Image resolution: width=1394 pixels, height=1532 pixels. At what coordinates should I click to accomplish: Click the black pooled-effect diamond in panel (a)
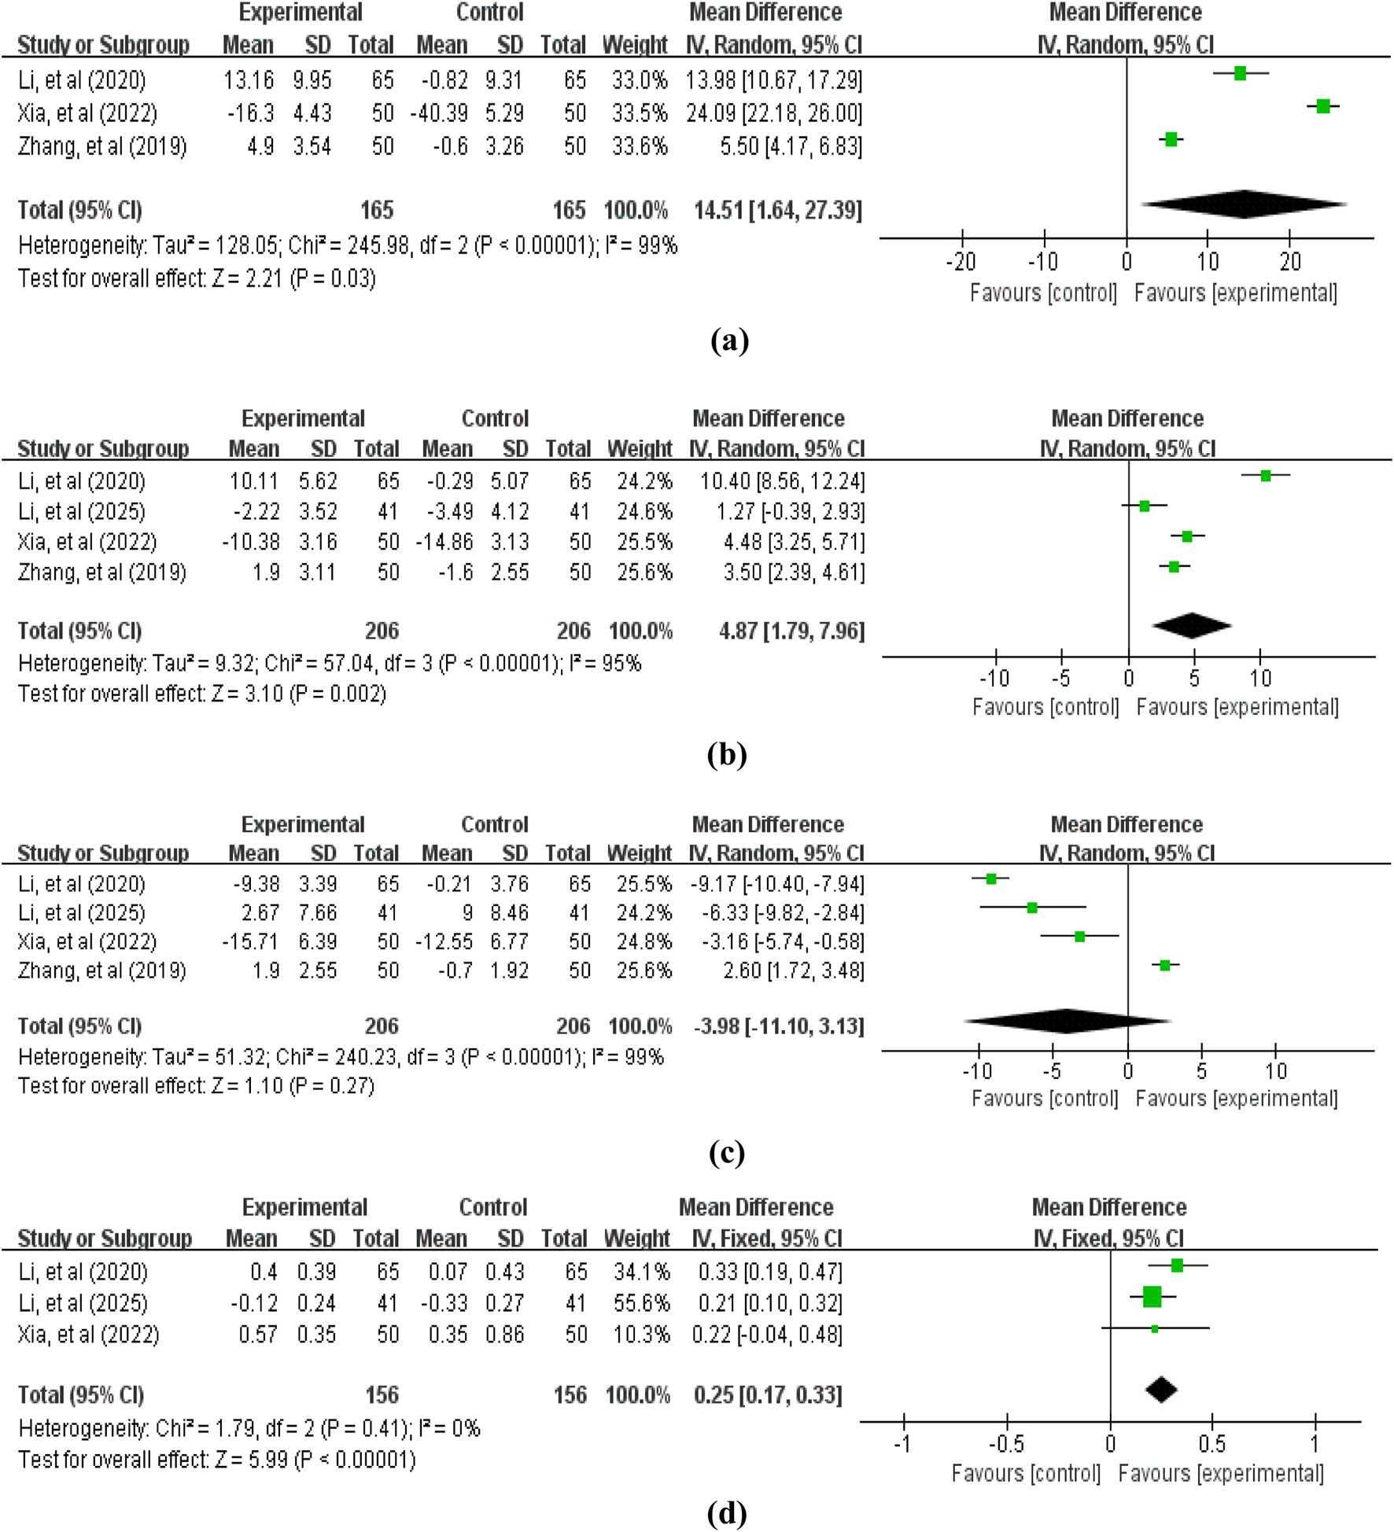[1243, 204]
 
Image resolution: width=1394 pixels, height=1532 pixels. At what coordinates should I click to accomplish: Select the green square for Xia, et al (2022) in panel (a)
[1323, 106]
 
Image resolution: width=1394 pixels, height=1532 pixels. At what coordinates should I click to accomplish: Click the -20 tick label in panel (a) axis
[961, 262]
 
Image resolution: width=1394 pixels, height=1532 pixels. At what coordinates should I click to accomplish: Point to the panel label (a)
[728, 341]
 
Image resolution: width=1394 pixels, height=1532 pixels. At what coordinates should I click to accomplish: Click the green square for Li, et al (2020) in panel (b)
[1265, 476]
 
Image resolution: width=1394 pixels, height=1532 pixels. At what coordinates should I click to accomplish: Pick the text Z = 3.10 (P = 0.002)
[299, 694]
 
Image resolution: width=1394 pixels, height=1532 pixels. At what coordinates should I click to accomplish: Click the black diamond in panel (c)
[1067, 1021]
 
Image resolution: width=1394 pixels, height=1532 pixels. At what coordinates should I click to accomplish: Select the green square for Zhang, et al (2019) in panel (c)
[1165, 965]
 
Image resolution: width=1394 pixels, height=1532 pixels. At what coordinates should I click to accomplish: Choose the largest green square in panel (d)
[1152, 1297]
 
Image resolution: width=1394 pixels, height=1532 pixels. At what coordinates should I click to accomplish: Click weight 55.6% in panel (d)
[641, 1303]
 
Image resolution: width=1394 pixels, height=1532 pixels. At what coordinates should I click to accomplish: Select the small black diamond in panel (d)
[1161, 1390]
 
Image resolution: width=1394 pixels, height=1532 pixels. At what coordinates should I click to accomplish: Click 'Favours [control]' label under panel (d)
[1026, 1473]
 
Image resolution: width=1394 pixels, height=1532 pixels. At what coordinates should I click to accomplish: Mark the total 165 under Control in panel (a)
[569, 211]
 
